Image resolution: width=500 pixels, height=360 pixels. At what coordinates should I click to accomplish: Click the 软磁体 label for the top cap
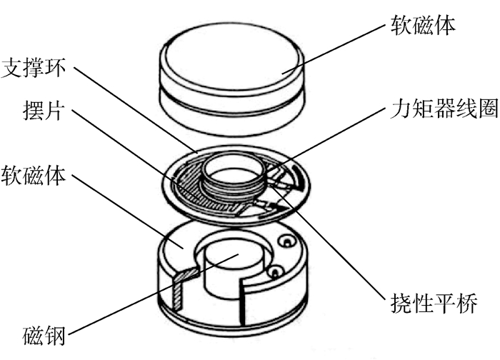point(423,24)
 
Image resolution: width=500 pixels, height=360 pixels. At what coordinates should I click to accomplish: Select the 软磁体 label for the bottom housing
point(34,175)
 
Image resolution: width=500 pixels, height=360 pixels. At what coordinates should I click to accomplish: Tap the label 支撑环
point(34,67)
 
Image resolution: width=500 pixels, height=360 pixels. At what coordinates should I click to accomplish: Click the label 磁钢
point(44,335)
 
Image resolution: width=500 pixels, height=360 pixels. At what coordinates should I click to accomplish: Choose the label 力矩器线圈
point(444,108)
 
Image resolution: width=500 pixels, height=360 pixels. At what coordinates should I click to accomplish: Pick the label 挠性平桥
point(434,303)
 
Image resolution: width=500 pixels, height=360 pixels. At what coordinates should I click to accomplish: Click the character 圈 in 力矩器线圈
point(488,108)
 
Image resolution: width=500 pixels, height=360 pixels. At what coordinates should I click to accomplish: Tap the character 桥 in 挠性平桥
point(467,303)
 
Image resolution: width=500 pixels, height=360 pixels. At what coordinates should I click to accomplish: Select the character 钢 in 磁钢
point(55,335)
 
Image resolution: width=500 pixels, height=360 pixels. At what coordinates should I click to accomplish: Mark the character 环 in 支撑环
point(56,67)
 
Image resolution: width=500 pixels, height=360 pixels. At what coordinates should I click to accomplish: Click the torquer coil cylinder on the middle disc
point(234,177)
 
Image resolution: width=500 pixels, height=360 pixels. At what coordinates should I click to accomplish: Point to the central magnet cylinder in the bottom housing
point(235,271)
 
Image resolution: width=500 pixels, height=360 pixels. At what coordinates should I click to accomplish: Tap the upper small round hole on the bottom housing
point(286,241)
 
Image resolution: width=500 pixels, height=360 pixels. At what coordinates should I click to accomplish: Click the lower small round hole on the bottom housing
point(276,271)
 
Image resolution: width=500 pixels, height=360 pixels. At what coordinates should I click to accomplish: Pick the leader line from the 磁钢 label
point(154,294)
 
